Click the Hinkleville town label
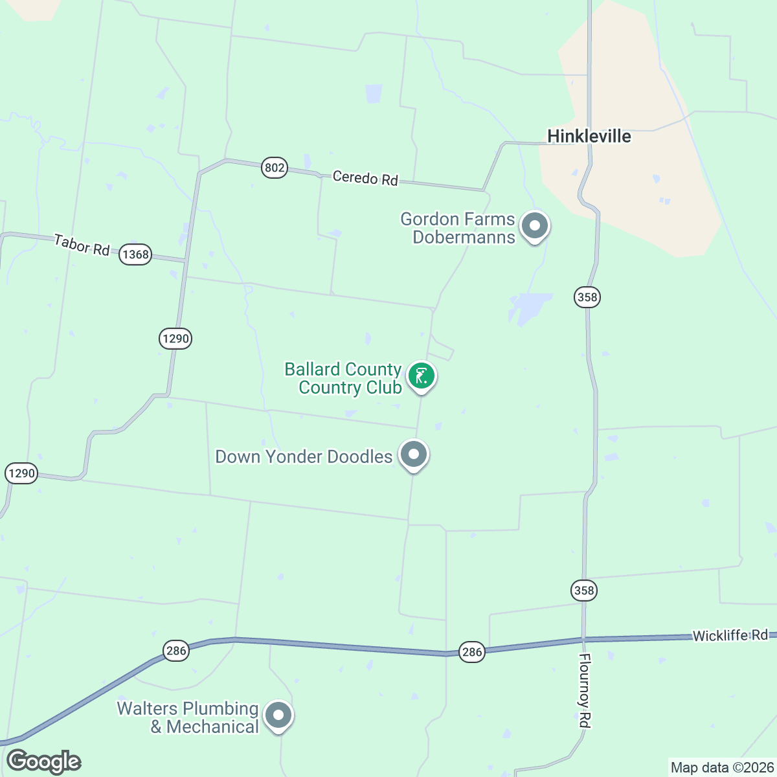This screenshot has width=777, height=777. pyautogui.click(x=589, y=136)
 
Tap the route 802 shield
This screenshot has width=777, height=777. pyautogui.click(x=275, y=168)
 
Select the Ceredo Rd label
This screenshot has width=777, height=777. pyautogui.click(x=365, y=177)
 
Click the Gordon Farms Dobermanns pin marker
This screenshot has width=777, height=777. pyautogui.click(x=535, y=227)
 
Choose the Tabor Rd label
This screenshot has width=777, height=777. pyautogui.click(x=82, y=245)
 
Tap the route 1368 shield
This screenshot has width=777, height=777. pyautogui.click(x=135, y=254)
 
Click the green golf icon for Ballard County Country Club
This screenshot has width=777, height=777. pyautogui.click(x=421, y=376)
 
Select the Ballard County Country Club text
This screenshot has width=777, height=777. pyautogui.click(x=344, y=378)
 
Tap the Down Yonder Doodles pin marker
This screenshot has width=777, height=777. pyautogui.click(x=413, y=455)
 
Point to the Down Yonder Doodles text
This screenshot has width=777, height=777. pyautogui.click(x=304, y=456)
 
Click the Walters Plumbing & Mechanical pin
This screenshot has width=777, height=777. pyautogui.click(x=279, y=715)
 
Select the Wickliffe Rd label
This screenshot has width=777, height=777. pyautogui.click(x=730, y=635)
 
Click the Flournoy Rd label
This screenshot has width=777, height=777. pyautogui.click(x=585, y=690)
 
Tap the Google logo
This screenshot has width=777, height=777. pyautogui.click(x=43, y=761)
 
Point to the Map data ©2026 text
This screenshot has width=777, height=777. pyautogui.click(x=721, y=768)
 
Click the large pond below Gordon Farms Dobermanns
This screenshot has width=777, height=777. pyautogui.click(x=530, y=306)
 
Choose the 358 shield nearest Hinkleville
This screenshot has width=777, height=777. pyautogui.click(x=587, y=297)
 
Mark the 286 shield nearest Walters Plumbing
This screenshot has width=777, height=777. pyautogui.click(x=175, y=651)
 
